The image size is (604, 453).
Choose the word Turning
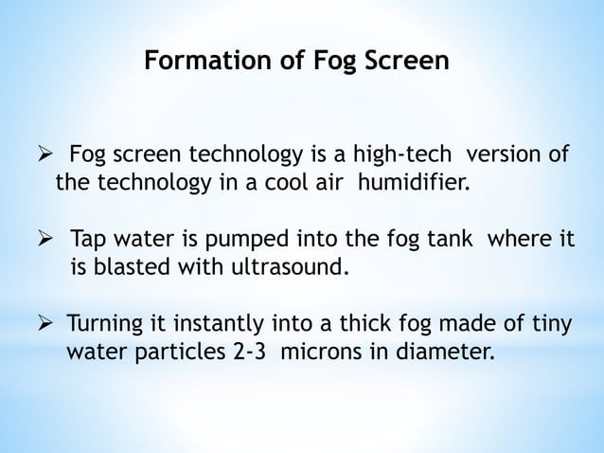[x=105, y=326]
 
